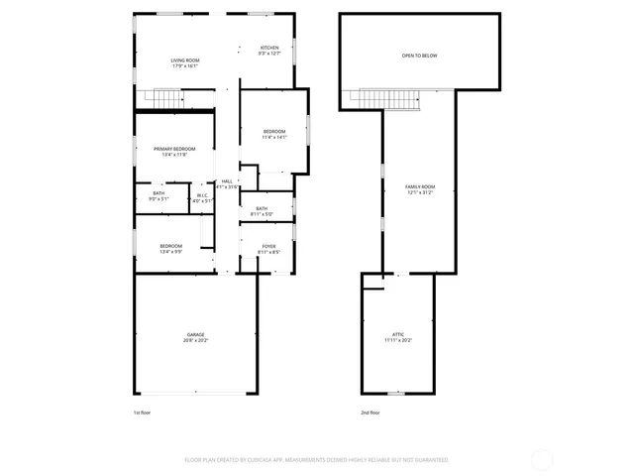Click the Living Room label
(185, 61)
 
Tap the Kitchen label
(269, 49)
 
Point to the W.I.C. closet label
(202, 195)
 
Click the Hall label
(227, 181)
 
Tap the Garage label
(195, 335)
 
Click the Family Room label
(420, 187)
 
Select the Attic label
(396, 335)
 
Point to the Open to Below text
(419, 56)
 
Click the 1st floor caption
(143, 412)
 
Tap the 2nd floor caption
(370, 412)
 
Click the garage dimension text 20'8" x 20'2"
(195, 340)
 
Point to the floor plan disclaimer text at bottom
(317, 460)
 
